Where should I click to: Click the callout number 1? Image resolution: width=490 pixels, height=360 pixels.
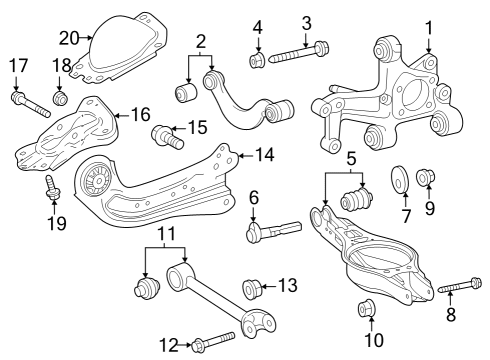click(x=429, y=27)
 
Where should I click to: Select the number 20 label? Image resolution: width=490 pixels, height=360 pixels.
click(x=67, y=38)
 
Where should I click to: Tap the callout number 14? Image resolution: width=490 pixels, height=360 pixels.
click(x=265, y=157)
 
